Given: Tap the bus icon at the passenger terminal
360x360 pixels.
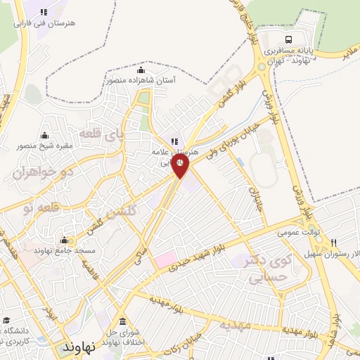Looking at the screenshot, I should (x=290, y=39).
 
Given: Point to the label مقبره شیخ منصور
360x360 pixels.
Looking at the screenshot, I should (x=44, y=146).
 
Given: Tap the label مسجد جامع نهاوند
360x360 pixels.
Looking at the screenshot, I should (x=60, y=250).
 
